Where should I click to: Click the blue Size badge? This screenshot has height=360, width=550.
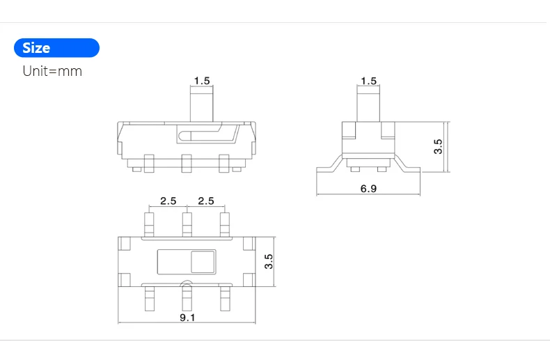pyautogui.click(x=56, y=48)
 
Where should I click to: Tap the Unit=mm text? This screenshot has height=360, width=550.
pyautogui.click(x=52, y=71)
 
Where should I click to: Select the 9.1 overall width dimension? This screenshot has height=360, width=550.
pyautogui.click(x=187, y=318)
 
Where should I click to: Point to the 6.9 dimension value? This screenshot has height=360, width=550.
pyautogui.click(x=368, y=189)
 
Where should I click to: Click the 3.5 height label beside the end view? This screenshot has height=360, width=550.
pyautogui.click(x=438, y=146)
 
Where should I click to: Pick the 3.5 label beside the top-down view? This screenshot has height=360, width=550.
pyautogui.click(x=269, y=261)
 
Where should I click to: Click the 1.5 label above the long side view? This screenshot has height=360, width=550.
pyautogui.click(x=202, y=81)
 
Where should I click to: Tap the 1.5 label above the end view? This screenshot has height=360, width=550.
pyautogui.click(x=369, y=81)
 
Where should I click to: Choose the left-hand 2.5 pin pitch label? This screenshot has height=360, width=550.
pyautogui.click(x=168, y=201)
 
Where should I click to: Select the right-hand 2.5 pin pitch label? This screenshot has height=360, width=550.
pyautogui.click(x=206, y=201)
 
